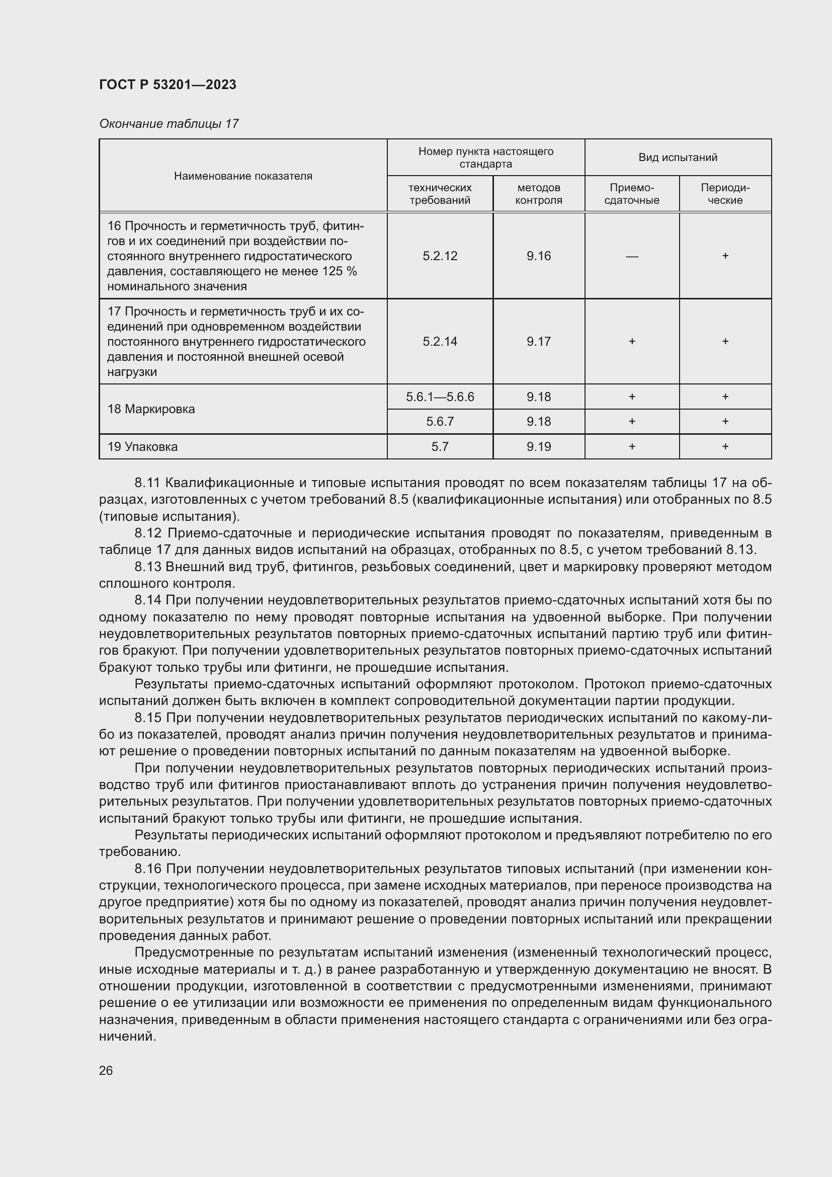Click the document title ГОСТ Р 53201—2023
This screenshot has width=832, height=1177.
tap(168, 85)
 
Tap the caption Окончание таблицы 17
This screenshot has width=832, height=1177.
tap(169, 124)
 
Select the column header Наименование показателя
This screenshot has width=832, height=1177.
tap(243, 176)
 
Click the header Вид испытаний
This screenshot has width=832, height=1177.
tap(677, 158)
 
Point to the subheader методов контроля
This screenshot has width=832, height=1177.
tap(538, 194)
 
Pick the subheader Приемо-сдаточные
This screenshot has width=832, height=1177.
tap(632, 194)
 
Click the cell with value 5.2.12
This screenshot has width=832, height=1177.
tap(440, 256)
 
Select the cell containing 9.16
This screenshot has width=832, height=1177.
tap(538, 256)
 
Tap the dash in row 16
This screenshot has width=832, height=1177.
tap(632, 256)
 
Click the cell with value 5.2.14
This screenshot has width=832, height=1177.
tap(440, 341)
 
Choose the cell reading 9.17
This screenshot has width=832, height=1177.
tap(538, 341)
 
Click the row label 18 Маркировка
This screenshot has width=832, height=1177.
tap(151, 409)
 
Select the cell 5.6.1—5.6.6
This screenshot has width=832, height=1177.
tap(440, 397)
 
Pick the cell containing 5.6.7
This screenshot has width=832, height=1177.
tap(440, 421)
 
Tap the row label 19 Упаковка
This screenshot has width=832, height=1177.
tap(142, 446)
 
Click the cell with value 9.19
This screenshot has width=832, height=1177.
tap(538, 446)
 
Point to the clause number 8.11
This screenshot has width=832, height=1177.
tap(147, 483)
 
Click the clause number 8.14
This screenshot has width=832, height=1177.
tap(147, 600)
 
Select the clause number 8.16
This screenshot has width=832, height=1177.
tap(147, 869)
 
